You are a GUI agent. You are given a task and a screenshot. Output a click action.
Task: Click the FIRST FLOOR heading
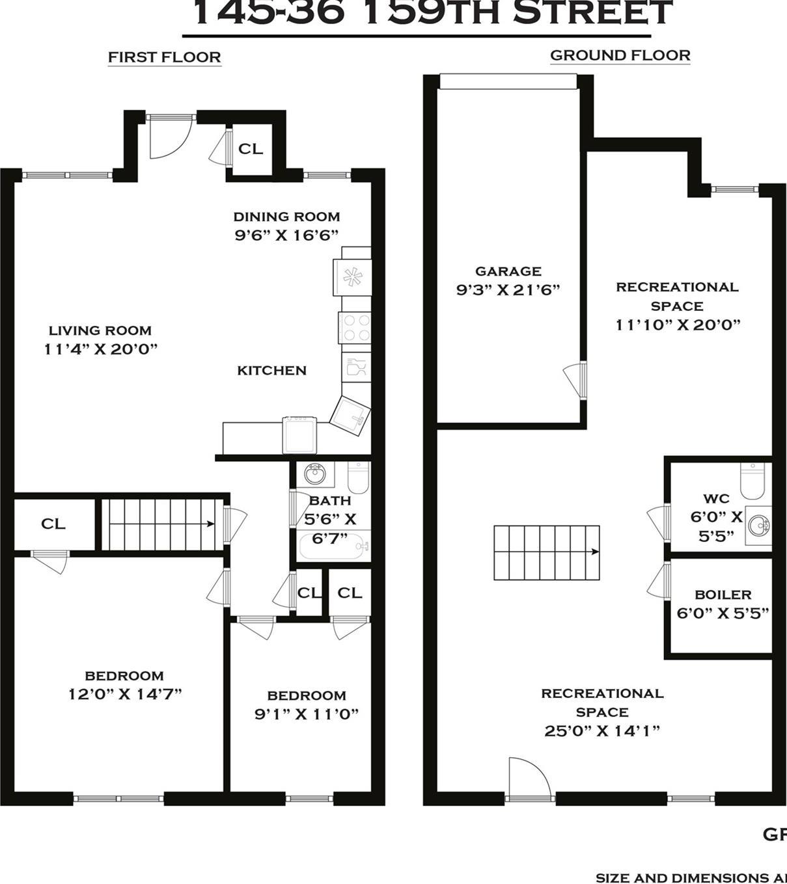point(164,57)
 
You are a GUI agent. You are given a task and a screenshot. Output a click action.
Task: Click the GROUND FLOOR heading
point(620,55)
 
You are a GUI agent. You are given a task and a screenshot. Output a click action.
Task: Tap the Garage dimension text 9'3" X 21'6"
point(508,290)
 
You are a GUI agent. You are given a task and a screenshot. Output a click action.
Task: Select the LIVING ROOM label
point(100,330)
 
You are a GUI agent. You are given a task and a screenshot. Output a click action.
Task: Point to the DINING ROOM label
point(286,217)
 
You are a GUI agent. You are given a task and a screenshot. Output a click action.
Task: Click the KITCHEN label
point(271,371)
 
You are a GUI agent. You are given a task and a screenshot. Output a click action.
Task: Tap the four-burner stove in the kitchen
point(355,327)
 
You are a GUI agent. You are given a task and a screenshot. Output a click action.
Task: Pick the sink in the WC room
point(758,524)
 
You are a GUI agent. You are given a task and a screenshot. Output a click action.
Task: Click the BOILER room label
point(723,595)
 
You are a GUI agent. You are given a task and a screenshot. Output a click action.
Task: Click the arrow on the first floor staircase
point(210,524)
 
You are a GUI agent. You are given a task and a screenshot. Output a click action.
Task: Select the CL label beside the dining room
point(251,149)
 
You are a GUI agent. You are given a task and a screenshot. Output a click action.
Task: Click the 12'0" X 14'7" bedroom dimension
point(125,694)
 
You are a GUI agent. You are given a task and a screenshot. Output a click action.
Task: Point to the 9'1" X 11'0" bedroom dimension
point(307,714)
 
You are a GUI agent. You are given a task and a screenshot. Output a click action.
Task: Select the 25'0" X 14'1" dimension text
point(602,731)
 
